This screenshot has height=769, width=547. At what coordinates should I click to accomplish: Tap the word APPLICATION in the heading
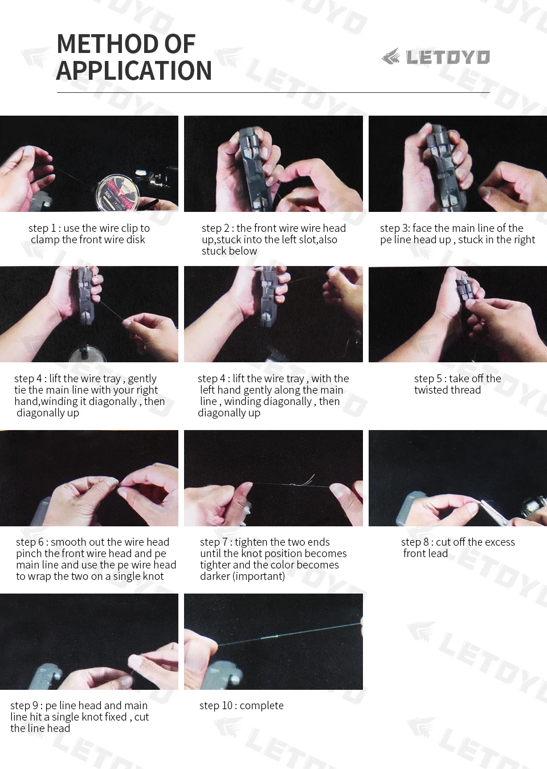tap(133, 71)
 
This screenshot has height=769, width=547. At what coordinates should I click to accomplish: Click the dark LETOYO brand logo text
tap(448, 57)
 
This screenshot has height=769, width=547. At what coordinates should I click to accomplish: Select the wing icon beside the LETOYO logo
tap(391, 56)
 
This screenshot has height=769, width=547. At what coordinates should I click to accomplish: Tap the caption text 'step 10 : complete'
tap(242, 706)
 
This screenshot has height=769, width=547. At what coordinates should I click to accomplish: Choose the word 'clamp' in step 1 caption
tap(45, 240)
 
